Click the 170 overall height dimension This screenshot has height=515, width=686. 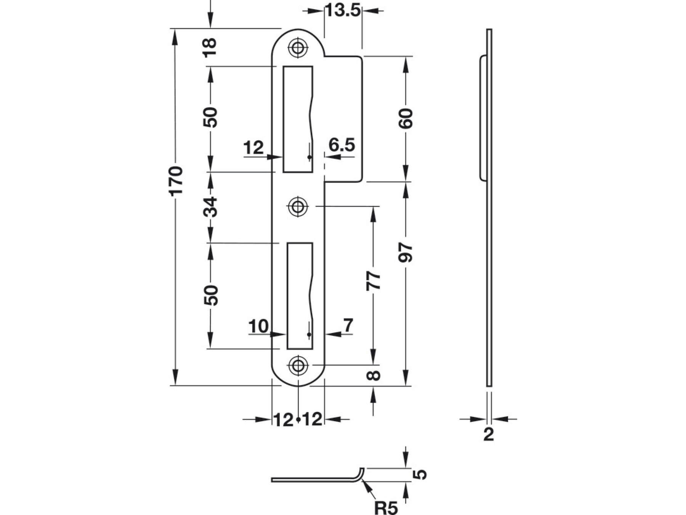tap(176, 180)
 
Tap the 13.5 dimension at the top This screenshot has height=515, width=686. tap(343, 11)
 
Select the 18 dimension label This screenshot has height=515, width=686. tap(210, 47)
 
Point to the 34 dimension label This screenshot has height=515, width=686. tap(210, 207)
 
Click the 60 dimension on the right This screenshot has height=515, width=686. tap(406, 118)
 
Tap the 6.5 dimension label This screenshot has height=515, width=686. tap(341, 145)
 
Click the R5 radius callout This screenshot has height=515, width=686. tap(386, 507)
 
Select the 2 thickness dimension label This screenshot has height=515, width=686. tap(488, 435)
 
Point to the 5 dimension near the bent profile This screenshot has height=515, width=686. tap(420, 475)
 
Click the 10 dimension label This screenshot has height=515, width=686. tap(258, 327)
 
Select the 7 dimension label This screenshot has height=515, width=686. tap(348, 325)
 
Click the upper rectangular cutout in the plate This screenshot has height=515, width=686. tap(297, 119)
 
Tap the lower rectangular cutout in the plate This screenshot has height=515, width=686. tap(300, 296)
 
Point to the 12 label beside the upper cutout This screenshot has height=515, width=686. tap(253, 148)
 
